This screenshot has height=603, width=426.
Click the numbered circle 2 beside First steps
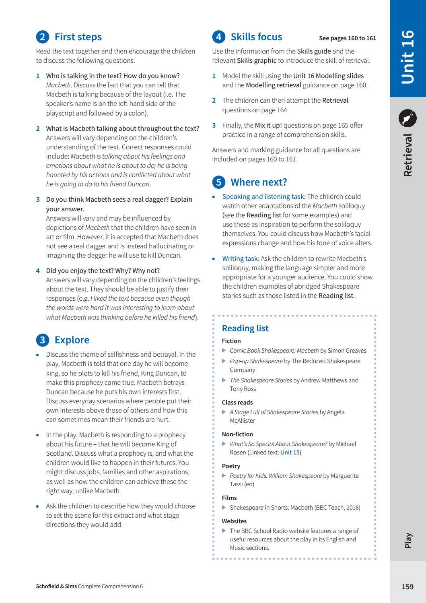42,37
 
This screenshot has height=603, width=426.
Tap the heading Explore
72,340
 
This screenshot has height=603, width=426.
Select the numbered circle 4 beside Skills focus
218,37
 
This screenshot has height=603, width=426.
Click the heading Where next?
259,182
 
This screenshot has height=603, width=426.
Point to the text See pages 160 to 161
347,38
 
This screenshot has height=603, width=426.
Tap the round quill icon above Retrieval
407,118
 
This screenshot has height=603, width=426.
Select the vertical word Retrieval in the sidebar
407,155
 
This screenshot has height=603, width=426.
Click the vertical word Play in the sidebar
408,540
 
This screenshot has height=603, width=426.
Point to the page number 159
407,586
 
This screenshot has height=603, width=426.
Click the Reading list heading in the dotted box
245,328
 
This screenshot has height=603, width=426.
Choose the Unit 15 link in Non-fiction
290,452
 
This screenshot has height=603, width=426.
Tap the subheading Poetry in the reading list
231,466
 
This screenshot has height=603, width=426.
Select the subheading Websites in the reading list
234,521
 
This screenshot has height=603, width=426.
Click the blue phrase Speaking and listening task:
263,196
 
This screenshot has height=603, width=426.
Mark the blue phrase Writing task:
241,258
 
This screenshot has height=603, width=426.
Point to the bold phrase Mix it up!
268,125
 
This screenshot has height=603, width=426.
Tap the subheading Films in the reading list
229,498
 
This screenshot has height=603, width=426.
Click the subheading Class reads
237,402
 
